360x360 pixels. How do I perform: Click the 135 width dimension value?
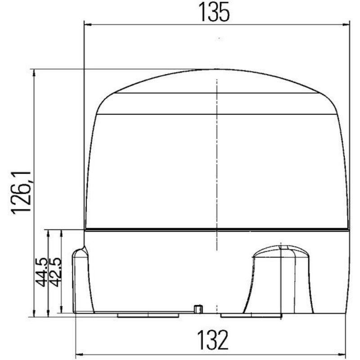[x=214, y=12]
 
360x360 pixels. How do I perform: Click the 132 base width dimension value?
[x=213, y=340]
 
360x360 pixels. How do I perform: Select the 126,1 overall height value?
[x=21, y=193]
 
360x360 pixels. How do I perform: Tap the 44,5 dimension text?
[x=41, y=272]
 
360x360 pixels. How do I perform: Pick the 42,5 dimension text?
[x=55, y=272]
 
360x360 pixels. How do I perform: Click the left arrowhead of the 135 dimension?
[x=88, y=24]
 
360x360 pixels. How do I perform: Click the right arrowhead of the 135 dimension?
[x=346, y=24]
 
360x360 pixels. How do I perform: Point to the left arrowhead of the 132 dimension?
[x=80, y=355]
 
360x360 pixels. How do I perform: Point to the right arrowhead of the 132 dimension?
[x=342, y=355]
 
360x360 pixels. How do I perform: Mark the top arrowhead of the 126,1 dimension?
[x=35, y=73]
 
